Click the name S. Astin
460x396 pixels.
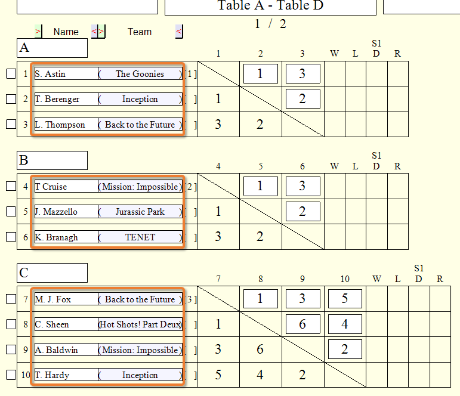pos(50,74)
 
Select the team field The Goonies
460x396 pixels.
pos(140,73)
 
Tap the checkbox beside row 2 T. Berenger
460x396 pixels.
pos(11,99)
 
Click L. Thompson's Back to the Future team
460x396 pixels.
pos(140,125)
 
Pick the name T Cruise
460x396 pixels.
pos(51,187)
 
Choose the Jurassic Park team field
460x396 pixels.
pos(140,212)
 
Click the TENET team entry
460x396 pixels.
pos(140,237)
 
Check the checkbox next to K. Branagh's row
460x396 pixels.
pos(11,237)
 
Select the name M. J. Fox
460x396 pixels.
pos(53,299)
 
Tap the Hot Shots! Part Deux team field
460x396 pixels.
pos(140,324)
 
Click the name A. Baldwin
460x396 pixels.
pos(56,350)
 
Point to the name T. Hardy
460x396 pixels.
pos(53,375)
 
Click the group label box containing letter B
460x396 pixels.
pos(53,160)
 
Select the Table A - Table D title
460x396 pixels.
pos(270,5)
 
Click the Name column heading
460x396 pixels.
pos(66,32)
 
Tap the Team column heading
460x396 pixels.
pos(140,32)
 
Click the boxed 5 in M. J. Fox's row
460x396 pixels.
pos(345,299)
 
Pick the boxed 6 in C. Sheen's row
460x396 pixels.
pos(302,324)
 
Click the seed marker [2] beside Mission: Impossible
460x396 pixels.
pos(190,187)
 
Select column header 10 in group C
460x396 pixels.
pos(345,279)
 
